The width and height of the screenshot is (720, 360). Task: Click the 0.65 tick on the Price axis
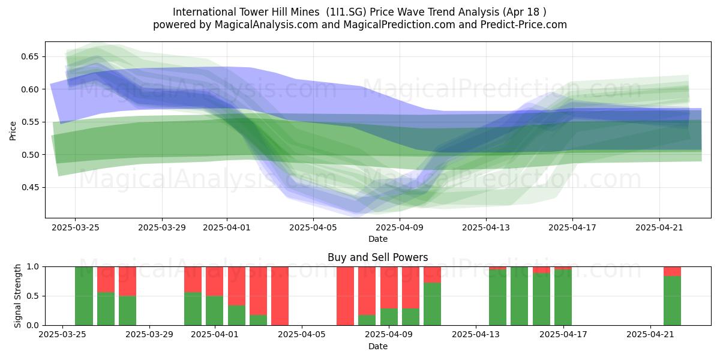tap(29, 56)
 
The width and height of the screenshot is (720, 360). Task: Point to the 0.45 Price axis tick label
tap(29, 187)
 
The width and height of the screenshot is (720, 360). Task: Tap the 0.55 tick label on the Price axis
tap(29, 122)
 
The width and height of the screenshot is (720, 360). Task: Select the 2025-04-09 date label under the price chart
tap(400, 227)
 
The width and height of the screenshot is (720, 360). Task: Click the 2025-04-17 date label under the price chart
tap(572, 227)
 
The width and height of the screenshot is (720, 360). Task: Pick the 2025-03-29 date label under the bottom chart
tap(149, 334)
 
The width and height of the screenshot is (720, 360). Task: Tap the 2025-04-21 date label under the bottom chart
tap(650, 334)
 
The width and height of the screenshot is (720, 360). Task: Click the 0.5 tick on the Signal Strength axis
tap(33, 296)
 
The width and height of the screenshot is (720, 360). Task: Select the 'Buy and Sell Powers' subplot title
tap(377, 257)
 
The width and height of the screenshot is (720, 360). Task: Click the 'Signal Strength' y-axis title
tap(17, 296)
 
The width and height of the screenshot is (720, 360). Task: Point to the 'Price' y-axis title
tap(13, 131)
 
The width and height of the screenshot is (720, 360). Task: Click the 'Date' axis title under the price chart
tap(378, 239)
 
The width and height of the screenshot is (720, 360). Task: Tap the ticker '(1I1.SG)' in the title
tap(346, 12)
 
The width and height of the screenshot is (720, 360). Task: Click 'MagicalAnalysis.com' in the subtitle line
tap(266, 25)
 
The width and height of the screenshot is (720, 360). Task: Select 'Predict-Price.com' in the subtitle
tap(524, 25)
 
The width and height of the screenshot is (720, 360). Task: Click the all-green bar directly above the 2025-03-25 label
tap(84, 296)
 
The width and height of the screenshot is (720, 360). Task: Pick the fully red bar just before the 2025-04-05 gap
tap(280, 296)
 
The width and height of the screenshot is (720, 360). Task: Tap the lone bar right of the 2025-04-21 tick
tap(672, 296)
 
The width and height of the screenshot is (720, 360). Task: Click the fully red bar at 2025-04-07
tap(345, 296)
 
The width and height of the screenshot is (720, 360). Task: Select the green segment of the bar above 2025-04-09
tap(389, 317)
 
